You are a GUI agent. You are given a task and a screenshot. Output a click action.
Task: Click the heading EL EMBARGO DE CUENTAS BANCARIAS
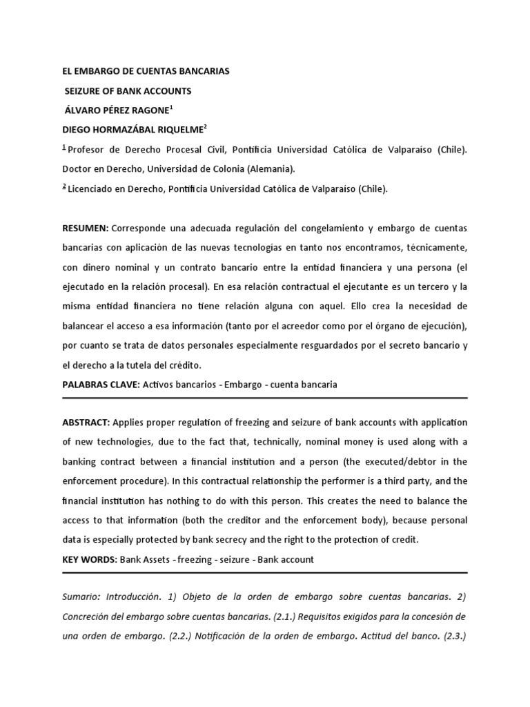coord(146,71)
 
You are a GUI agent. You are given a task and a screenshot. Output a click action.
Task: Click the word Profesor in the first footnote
coord(90,150)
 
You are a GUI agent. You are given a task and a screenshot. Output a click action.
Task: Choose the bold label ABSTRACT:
coord(86,423)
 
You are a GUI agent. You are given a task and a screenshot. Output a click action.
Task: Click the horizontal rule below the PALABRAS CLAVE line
coord(265,398)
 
